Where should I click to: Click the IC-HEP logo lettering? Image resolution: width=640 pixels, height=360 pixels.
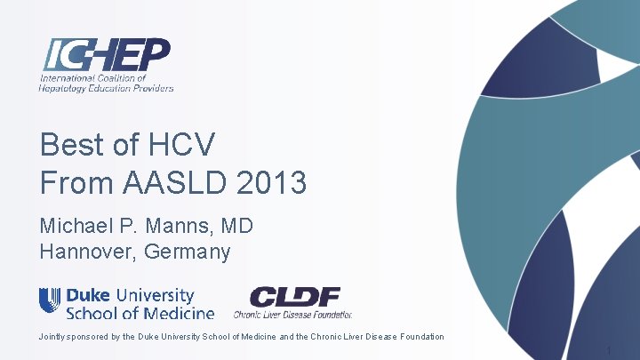pos(106,56)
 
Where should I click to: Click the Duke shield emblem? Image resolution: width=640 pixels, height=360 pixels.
pos(50,300)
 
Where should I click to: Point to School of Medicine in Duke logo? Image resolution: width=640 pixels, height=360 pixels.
pos(140,312)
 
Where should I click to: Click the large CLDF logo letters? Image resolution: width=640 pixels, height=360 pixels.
pos(294,297)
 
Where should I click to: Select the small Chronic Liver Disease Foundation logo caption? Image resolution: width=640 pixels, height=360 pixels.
pos(292,314)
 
